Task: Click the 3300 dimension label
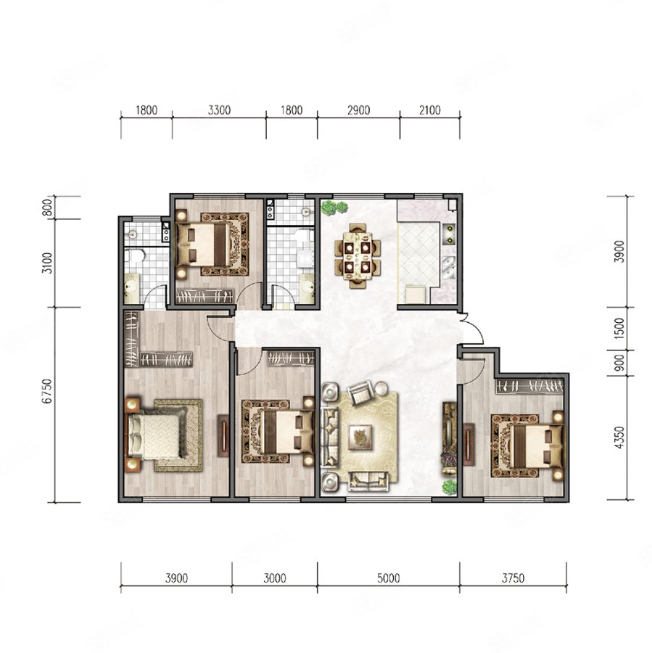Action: pos(219,110)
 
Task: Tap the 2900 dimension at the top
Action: pos(358,110)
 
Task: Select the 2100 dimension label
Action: pos(429,110)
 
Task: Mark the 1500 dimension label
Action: pos(619,328)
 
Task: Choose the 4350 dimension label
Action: pos(619,438)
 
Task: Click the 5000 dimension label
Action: pos(388,578)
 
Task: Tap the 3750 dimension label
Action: pos(513,578)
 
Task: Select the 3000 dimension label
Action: pos(275,578)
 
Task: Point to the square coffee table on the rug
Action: pos(360,437)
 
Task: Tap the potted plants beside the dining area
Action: pos(334,208)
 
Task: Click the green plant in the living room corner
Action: pos(449,487)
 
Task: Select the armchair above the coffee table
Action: pos(360,393)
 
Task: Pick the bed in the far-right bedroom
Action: pos(527,445)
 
